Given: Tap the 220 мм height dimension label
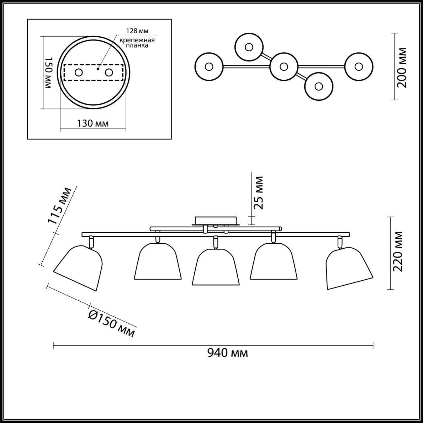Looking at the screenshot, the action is [x=398, y=251].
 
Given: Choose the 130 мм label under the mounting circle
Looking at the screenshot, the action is [x=93, y=123].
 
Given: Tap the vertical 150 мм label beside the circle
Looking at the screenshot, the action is [x=49, y=73].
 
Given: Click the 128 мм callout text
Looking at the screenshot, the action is [x=137, y=31].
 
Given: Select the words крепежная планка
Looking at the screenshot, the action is [x=137, y=43].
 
